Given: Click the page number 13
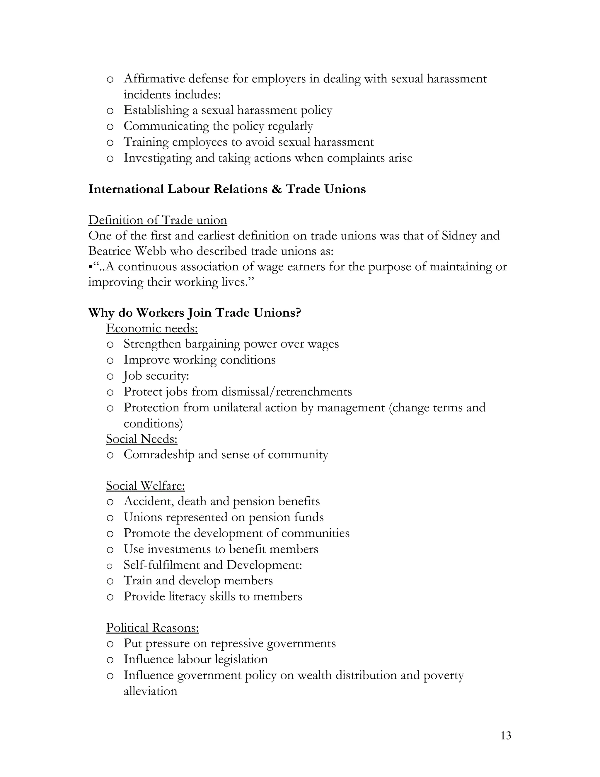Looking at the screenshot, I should (505, 735).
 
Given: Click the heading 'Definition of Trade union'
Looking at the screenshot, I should (157, 220).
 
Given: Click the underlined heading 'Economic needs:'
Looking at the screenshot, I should (152, 328).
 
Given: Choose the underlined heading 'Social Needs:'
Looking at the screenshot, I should (142, 439).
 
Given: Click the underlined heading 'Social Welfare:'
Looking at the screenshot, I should (145, 486).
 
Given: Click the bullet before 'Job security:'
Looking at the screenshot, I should (110, 376).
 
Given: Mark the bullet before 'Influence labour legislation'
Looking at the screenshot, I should (110, 660).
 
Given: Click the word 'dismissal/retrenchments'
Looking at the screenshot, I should (287, 392).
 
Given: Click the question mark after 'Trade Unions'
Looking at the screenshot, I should (298, 313).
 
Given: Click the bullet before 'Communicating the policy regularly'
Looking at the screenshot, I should (110, 127).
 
